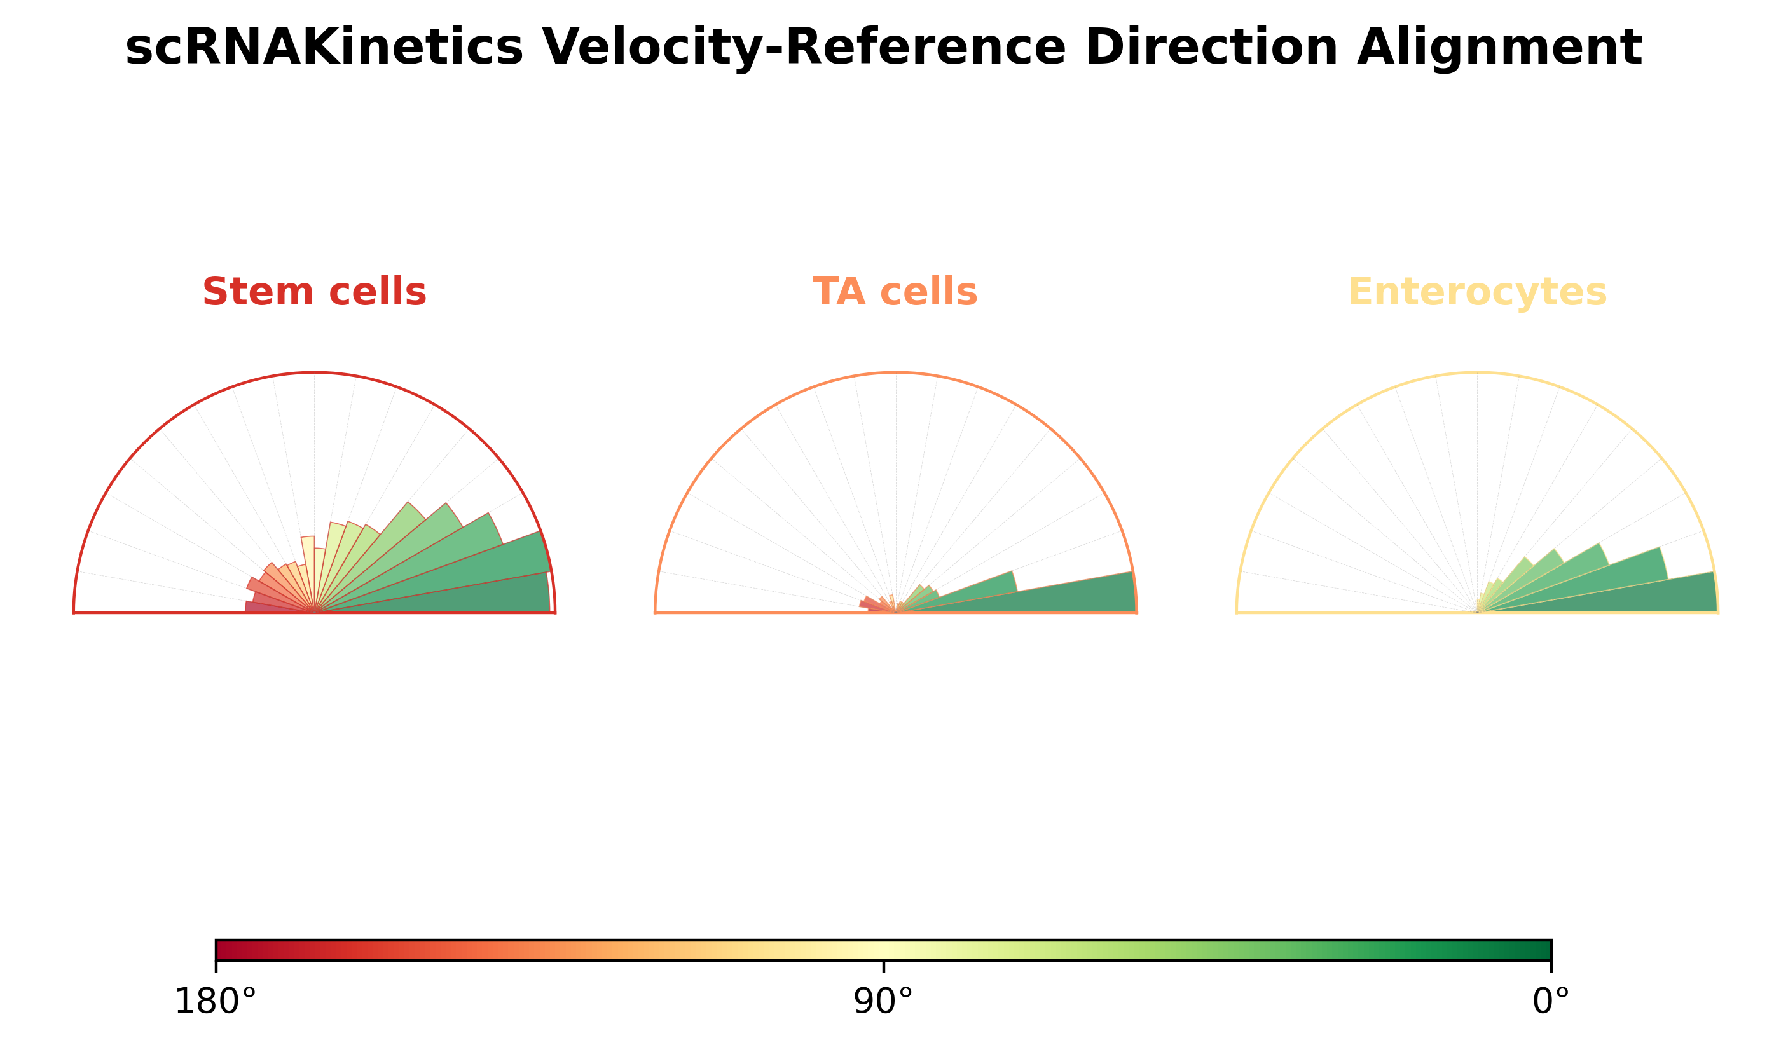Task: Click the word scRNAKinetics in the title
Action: click(324, 48)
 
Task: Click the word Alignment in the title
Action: click(1499, 48)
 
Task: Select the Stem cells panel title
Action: click(314, 292)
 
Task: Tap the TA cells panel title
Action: click(895, 292)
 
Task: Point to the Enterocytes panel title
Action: click(1478, 292)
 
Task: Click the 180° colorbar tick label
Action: click(216, 1001)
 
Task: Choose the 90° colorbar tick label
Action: click(883, 1001)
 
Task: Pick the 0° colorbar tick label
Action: click(1551, 1001)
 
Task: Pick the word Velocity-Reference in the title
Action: click(804, 48)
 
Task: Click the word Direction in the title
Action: click(1211, 48)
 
